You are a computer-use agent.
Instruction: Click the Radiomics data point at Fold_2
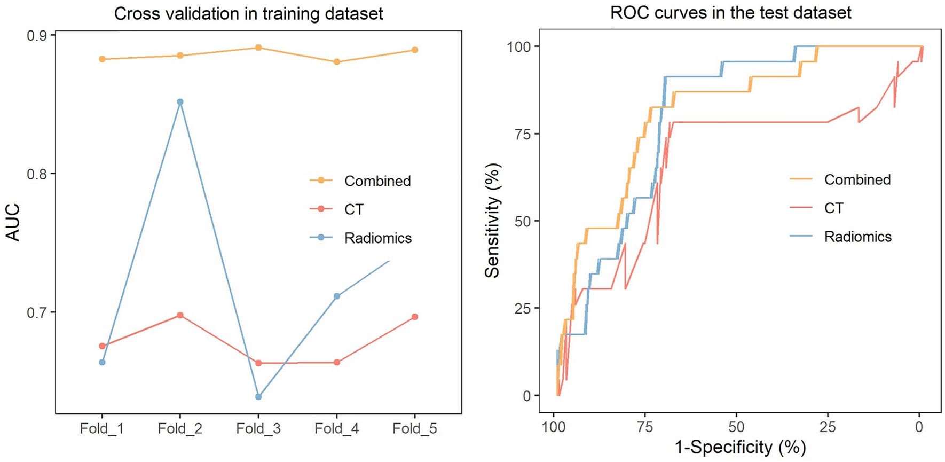pos(180,101)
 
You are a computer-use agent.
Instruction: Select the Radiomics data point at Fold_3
pos(258,397)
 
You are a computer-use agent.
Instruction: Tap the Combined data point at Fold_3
pos(258,48)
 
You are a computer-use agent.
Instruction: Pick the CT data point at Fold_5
pos(415,317)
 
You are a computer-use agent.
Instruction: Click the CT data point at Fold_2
pos(180,315)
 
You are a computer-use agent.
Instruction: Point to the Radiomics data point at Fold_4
pos(337,296)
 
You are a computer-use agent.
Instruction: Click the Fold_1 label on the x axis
pos(101,428)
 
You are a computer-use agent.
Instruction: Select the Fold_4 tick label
pos(336,428)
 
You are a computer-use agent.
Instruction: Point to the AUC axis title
pos(13,222)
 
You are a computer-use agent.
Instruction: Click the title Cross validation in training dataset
pos(249,13)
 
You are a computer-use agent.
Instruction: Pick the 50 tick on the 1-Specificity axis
pos(736,427)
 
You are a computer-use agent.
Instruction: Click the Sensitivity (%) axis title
pos(492,221)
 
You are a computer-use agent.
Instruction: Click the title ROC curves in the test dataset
pos(730,12)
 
